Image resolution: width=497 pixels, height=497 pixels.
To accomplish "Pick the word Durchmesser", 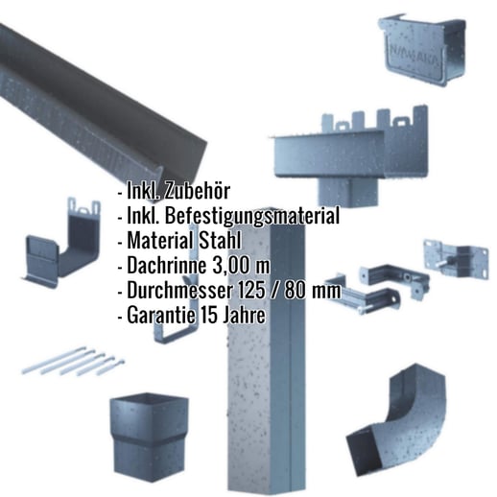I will click(x=176, y=290).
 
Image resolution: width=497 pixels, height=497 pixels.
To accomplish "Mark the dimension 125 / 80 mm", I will click(x=285, y=290).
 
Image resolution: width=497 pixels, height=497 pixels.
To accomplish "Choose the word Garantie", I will click(x=158, y=315).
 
